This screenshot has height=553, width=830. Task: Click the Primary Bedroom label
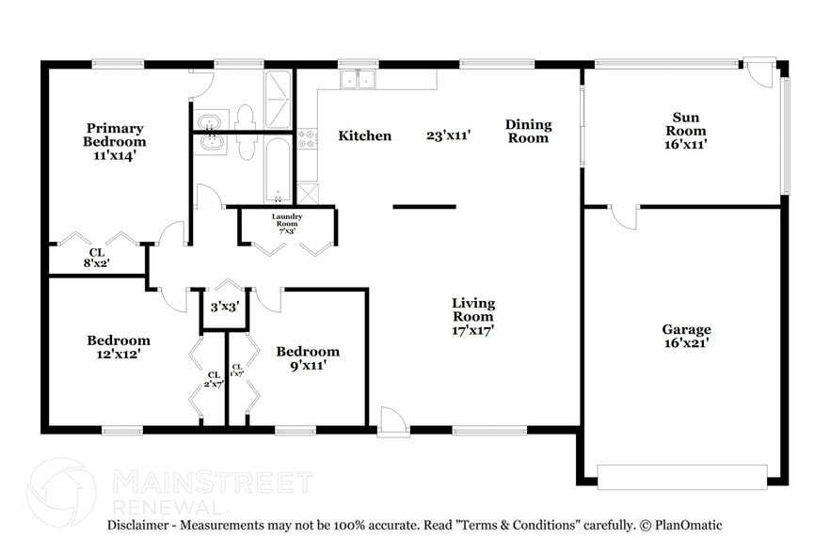116,141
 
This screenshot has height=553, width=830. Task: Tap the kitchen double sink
358,80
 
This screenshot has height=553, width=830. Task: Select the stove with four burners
307,141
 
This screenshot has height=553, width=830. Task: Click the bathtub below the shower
279,169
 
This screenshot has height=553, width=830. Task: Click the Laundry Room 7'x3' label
287,224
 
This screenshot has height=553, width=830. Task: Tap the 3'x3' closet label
224,307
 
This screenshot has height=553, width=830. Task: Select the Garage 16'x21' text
686,337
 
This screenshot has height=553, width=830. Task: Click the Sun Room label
685,131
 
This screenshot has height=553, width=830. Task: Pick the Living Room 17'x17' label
473,316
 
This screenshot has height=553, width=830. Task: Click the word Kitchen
365,135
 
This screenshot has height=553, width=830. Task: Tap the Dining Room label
528,131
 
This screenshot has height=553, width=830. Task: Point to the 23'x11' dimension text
448,135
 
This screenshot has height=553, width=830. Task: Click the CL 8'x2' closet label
97,258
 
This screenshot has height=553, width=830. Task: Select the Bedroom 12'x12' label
119,347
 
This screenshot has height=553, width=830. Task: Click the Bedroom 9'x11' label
307,358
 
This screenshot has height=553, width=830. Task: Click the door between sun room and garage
623,216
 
